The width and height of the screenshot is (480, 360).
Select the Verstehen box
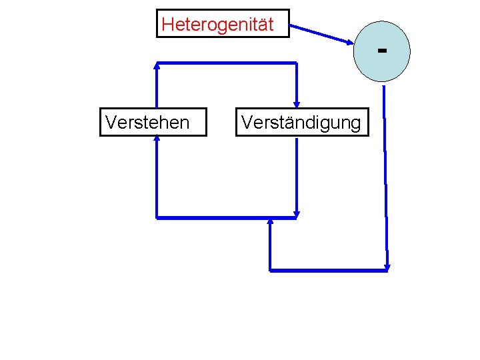click(153, 121)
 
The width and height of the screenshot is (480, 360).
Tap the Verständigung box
click(301, 122)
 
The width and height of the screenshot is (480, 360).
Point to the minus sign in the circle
click(382, 49)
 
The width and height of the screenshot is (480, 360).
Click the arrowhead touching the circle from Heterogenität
click(351, 42)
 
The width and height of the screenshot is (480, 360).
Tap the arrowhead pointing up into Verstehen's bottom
click(157, 139)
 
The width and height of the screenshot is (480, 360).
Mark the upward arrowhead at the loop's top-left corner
click(157, 65)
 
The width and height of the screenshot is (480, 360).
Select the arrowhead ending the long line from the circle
click(387, 267)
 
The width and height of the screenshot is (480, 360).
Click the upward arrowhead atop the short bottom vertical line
click(270, 221)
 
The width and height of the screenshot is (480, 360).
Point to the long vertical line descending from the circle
click(386, 173)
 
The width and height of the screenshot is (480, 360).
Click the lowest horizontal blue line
click(327, 270)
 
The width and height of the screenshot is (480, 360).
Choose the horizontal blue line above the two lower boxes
click(227, 63)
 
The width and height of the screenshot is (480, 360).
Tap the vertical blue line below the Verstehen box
click(157, 177)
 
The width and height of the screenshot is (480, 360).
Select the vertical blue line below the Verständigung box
click(297, 173)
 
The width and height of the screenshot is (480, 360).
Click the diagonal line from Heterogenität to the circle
click(321, 34)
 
